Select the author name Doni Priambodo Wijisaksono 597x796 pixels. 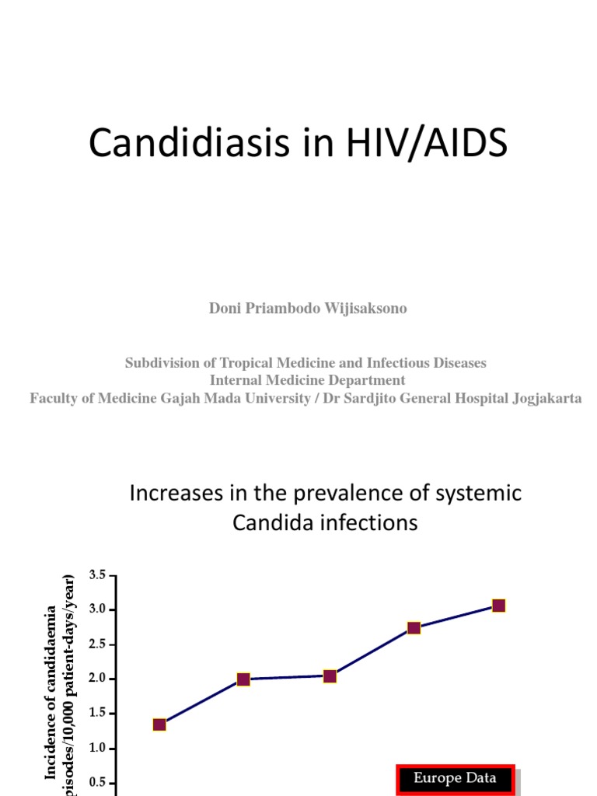pos(308,309)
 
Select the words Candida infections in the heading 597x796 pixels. pos(325,523)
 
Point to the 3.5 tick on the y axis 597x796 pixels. pos(97,575)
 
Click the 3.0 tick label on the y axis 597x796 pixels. pos(97,609)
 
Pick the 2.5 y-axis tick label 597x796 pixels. pos(97,644)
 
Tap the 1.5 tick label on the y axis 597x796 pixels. pos(97,714)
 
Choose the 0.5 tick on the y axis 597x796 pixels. pos(97,783)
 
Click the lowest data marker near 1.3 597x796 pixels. pos(159,725)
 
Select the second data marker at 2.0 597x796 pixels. pos(243,679)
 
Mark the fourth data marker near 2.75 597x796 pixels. pos(414,627)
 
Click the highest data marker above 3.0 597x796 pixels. pos(498,606)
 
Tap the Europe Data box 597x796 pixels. pos(455,778)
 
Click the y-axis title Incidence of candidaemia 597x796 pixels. pos(51,692)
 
